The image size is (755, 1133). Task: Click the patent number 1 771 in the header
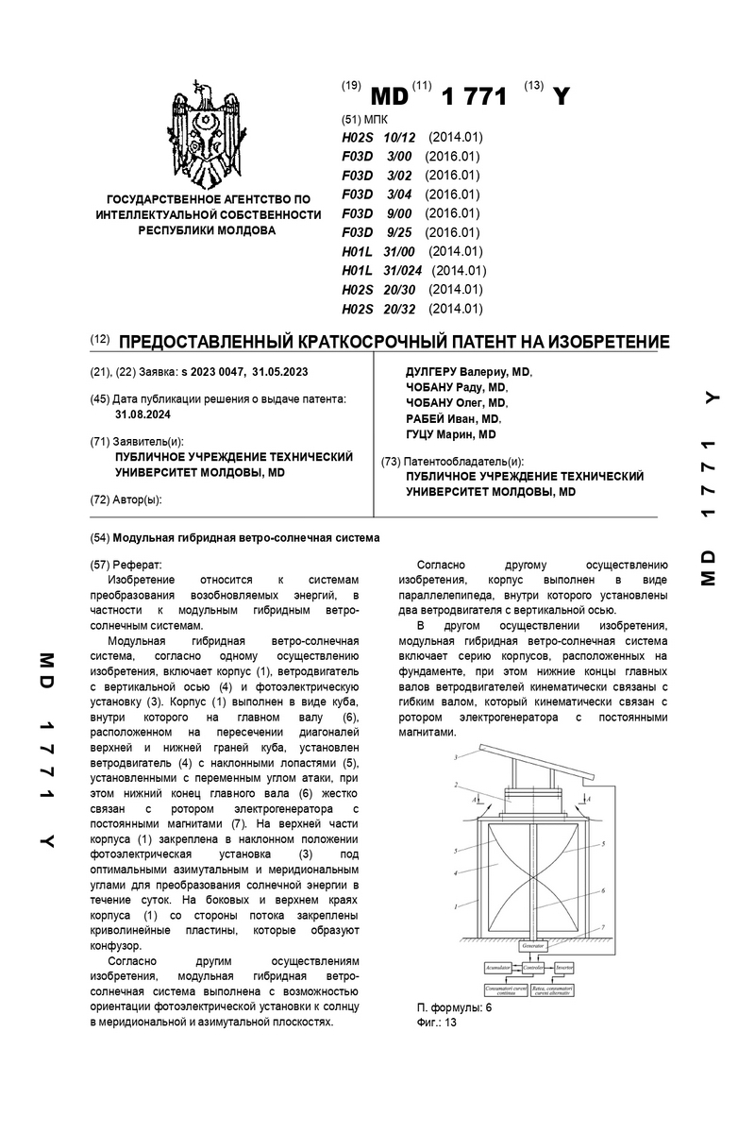coord(474,96)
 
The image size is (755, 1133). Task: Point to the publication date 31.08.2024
coord(143,414)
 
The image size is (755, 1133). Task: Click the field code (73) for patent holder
coord(391,461)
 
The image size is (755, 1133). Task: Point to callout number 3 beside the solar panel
coord(457,757)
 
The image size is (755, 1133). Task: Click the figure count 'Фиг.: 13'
coord(436,1022)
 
